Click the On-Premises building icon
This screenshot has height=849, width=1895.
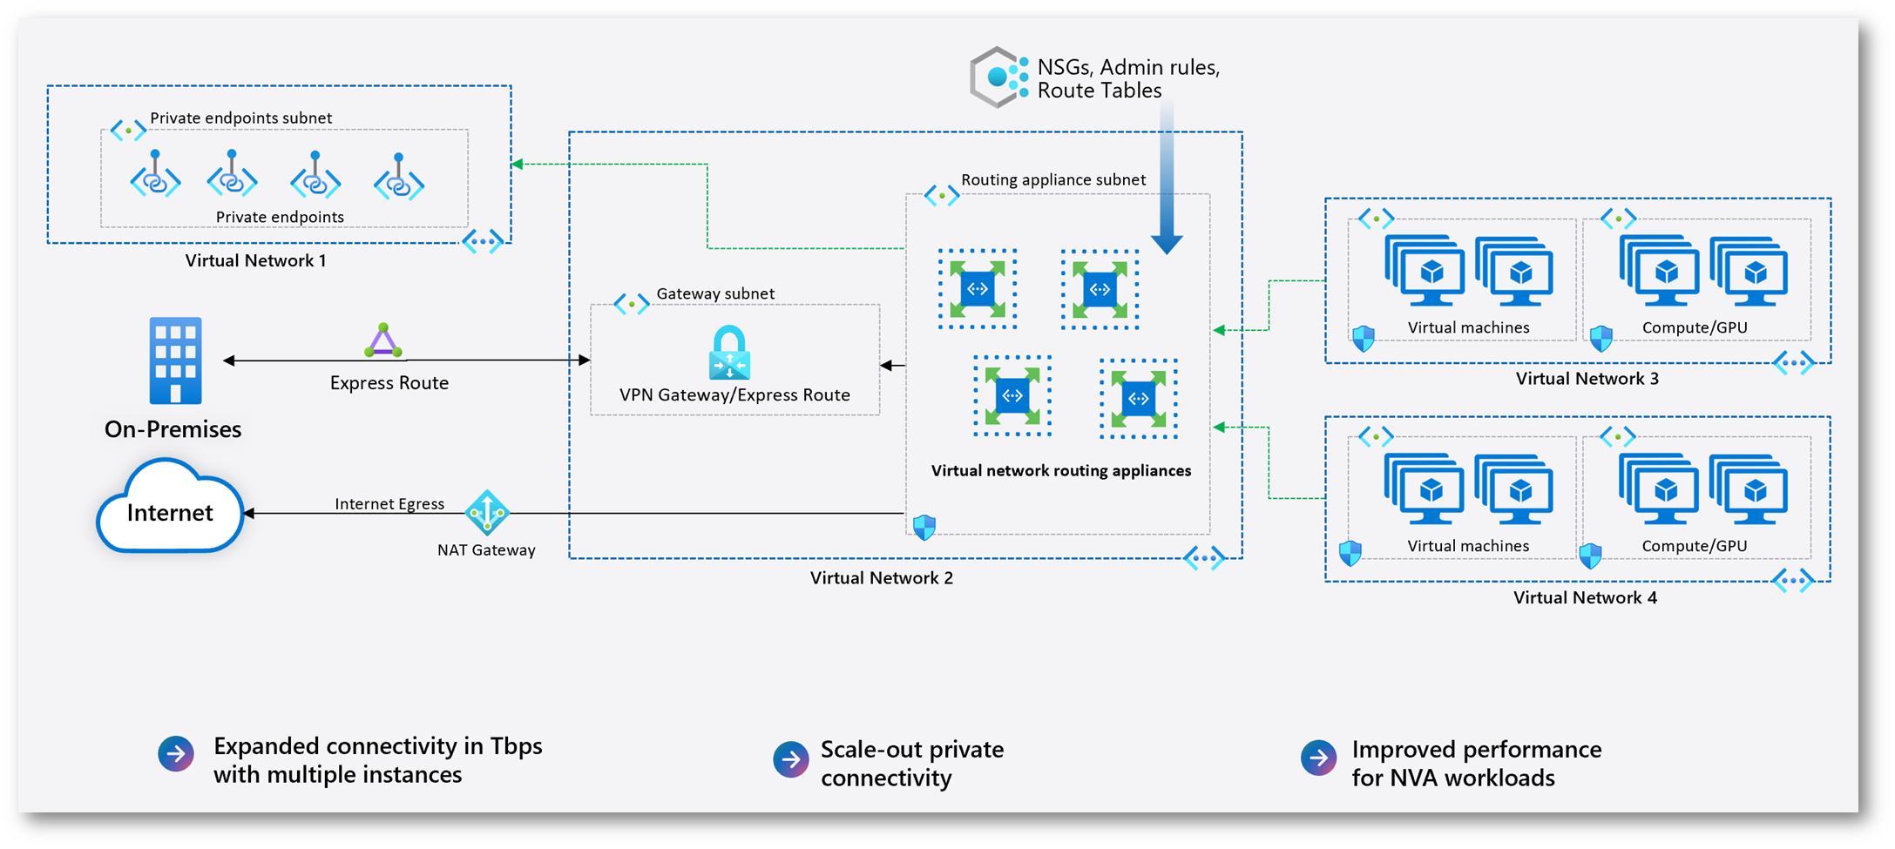point(175,360)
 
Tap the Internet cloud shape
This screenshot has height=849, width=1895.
point(170,511)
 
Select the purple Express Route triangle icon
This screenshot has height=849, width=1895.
point(383,340)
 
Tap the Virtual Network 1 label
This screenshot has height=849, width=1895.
point(255,260)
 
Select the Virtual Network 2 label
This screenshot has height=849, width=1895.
point(881,577)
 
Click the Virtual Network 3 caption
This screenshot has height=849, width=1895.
point(1587,378)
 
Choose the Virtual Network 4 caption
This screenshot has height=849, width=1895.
point(1585,597)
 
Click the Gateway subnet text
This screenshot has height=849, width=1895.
point(714,293)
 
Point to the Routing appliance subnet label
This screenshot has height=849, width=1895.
point(1052,179)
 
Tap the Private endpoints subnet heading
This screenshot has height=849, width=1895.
point(240,118)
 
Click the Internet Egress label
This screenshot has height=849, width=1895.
point(389,503)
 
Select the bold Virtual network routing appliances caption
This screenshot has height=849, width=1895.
point(1060,470)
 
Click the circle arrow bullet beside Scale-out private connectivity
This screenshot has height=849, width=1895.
point(791,759)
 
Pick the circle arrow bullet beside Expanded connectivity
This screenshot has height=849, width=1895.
point(176,754)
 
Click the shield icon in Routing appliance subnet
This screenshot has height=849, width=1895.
point(924,527)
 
